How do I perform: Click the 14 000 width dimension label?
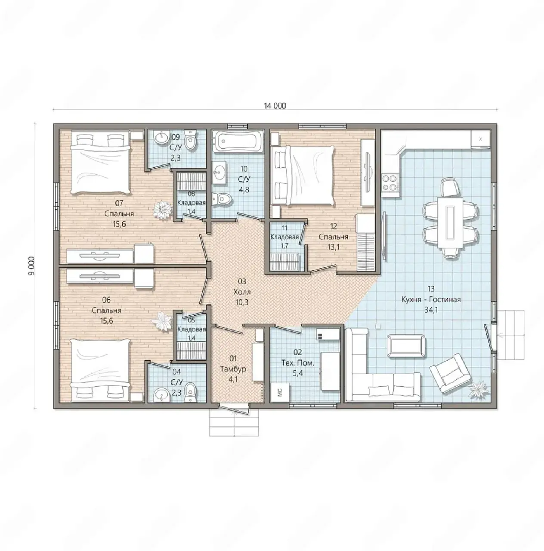(275, 106)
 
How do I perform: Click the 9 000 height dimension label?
(31, 266)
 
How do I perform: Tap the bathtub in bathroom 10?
(238, 141)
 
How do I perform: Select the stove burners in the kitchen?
(390, 183)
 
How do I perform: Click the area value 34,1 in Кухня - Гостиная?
(431, 310)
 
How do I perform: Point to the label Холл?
(242, 292)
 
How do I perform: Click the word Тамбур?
(233, 369)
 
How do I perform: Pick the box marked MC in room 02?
(280, 393)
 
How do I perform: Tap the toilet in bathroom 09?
(190, 140)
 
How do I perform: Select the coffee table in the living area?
(406, 346)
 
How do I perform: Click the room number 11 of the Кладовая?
(284, 228)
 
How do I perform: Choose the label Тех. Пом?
(298, 363)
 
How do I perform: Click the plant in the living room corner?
(478, 388)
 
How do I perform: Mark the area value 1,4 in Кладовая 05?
(192, 337)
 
